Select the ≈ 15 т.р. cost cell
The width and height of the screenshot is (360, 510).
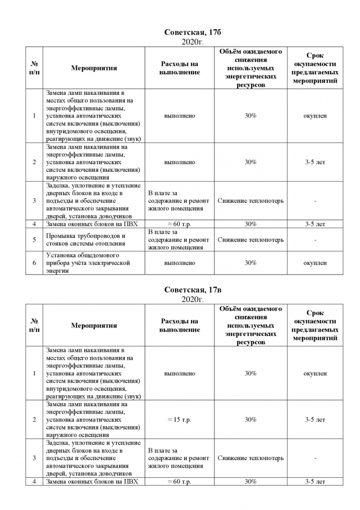179,420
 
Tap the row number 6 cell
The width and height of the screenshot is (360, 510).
34,263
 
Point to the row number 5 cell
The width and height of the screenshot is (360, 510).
34,239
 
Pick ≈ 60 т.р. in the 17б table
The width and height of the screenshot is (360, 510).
179,224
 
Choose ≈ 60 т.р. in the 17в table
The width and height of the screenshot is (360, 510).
179,482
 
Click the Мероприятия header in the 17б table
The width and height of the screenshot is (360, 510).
94,68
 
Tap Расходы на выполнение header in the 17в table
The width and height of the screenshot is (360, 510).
179,325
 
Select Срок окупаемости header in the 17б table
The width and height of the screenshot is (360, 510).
315,68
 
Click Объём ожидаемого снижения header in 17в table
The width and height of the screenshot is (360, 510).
250,325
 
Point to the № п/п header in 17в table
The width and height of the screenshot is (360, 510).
34,325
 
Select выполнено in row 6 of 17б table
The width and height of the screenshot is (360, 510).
179,263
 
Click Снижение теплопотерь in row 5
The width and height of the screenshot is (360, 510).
250,239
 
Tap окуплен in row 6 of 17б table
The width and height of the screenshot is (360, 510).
315,263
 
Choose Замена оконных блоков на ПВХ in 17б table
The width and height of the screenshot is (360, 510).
92,224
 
